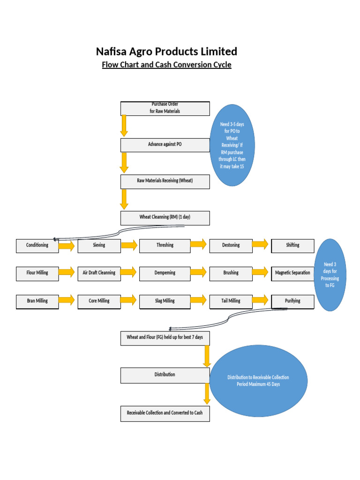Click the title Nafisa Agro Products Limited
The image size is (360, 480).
[x=166, y=51]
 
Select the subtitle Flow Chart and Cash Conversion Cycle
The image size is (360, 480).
[x=166, y=65]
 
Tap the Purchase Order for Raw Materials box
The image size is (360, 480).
[x=165, y=108]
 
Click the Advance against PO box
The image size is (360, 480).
[x=165, y=145]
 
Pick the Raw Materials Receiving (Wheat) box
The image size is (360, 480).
[x=165, y=181]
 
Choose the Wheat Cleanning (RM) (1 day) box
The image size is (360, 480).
[x=165, y=218]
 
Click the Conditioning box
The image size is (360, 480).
[x=37, y=246]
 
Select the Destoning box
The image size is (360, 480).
[x=230, y=246]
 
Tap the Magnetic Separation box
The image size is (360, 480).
[x=292, y=273]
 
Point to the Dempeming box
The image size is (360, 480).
[x=165, y=273]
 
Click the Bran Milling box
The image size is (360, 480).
[x=37, y=301]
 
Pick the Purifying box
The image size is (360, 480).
[x=292, y=301]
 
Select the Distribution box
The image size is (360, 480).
[x=165, y=375]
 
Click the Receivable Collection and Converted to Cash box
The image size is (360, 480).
[x=165, y=413]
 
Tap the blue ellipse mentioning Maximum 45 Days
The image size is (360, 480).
[x=258, y=381]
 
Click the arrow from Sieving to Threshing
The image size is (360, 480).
[x=129, y=245]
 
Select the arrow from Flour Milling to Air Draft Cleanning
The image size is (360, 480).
[x=67, y=272]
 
